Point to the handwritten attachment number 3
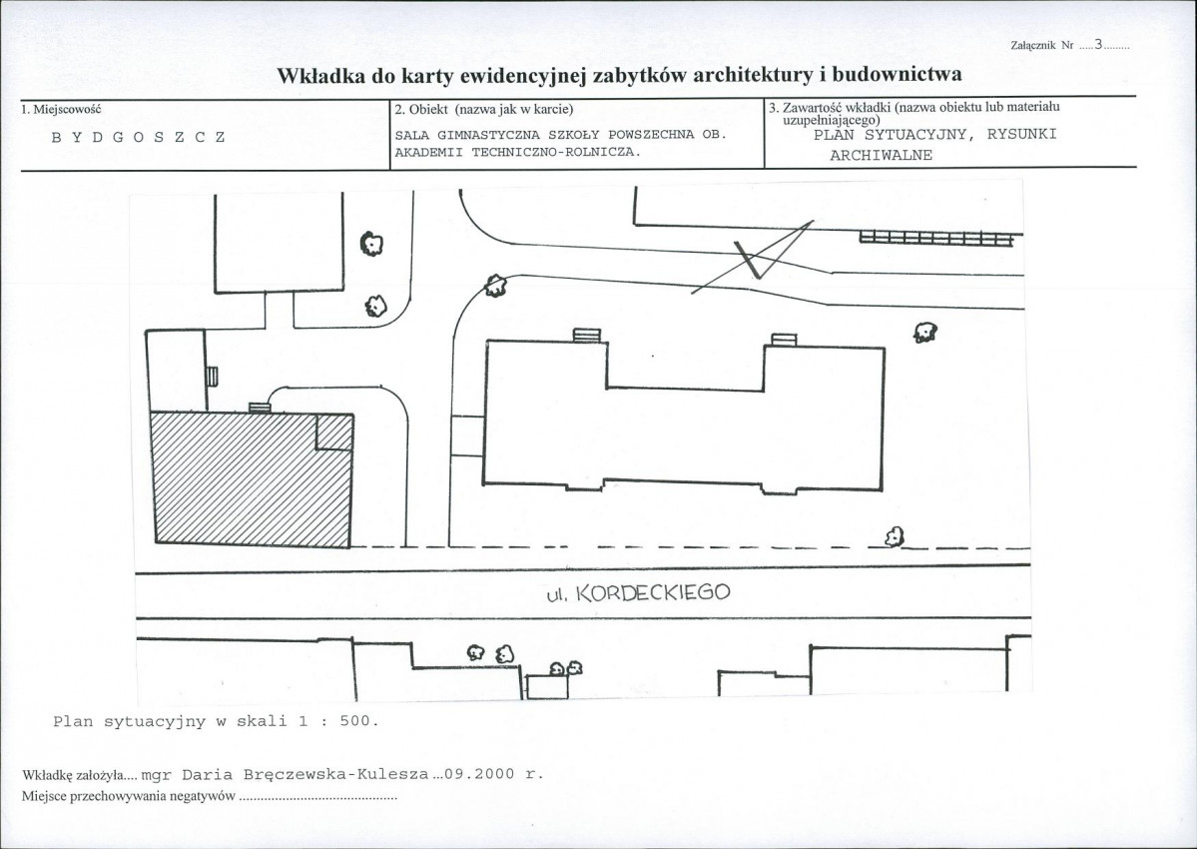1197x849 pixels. click(x=1098, y=44)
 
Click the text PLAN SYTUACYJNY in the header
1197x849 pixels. click(x=890, y=135)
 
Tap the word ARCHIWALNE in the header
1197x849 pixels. click(x=882, y=156)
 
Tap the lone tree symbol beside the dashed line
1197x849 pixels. click(x=895, y=537)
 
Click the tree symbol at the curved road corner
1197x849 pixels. click(x=493, y=286)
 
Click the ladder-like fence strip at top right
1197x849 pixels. click(x=935, y=239)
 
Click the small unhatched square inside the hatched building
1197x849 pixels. click(x=334, y=431)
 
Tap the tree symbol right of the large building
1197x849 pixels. click(x=924, y=332)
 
